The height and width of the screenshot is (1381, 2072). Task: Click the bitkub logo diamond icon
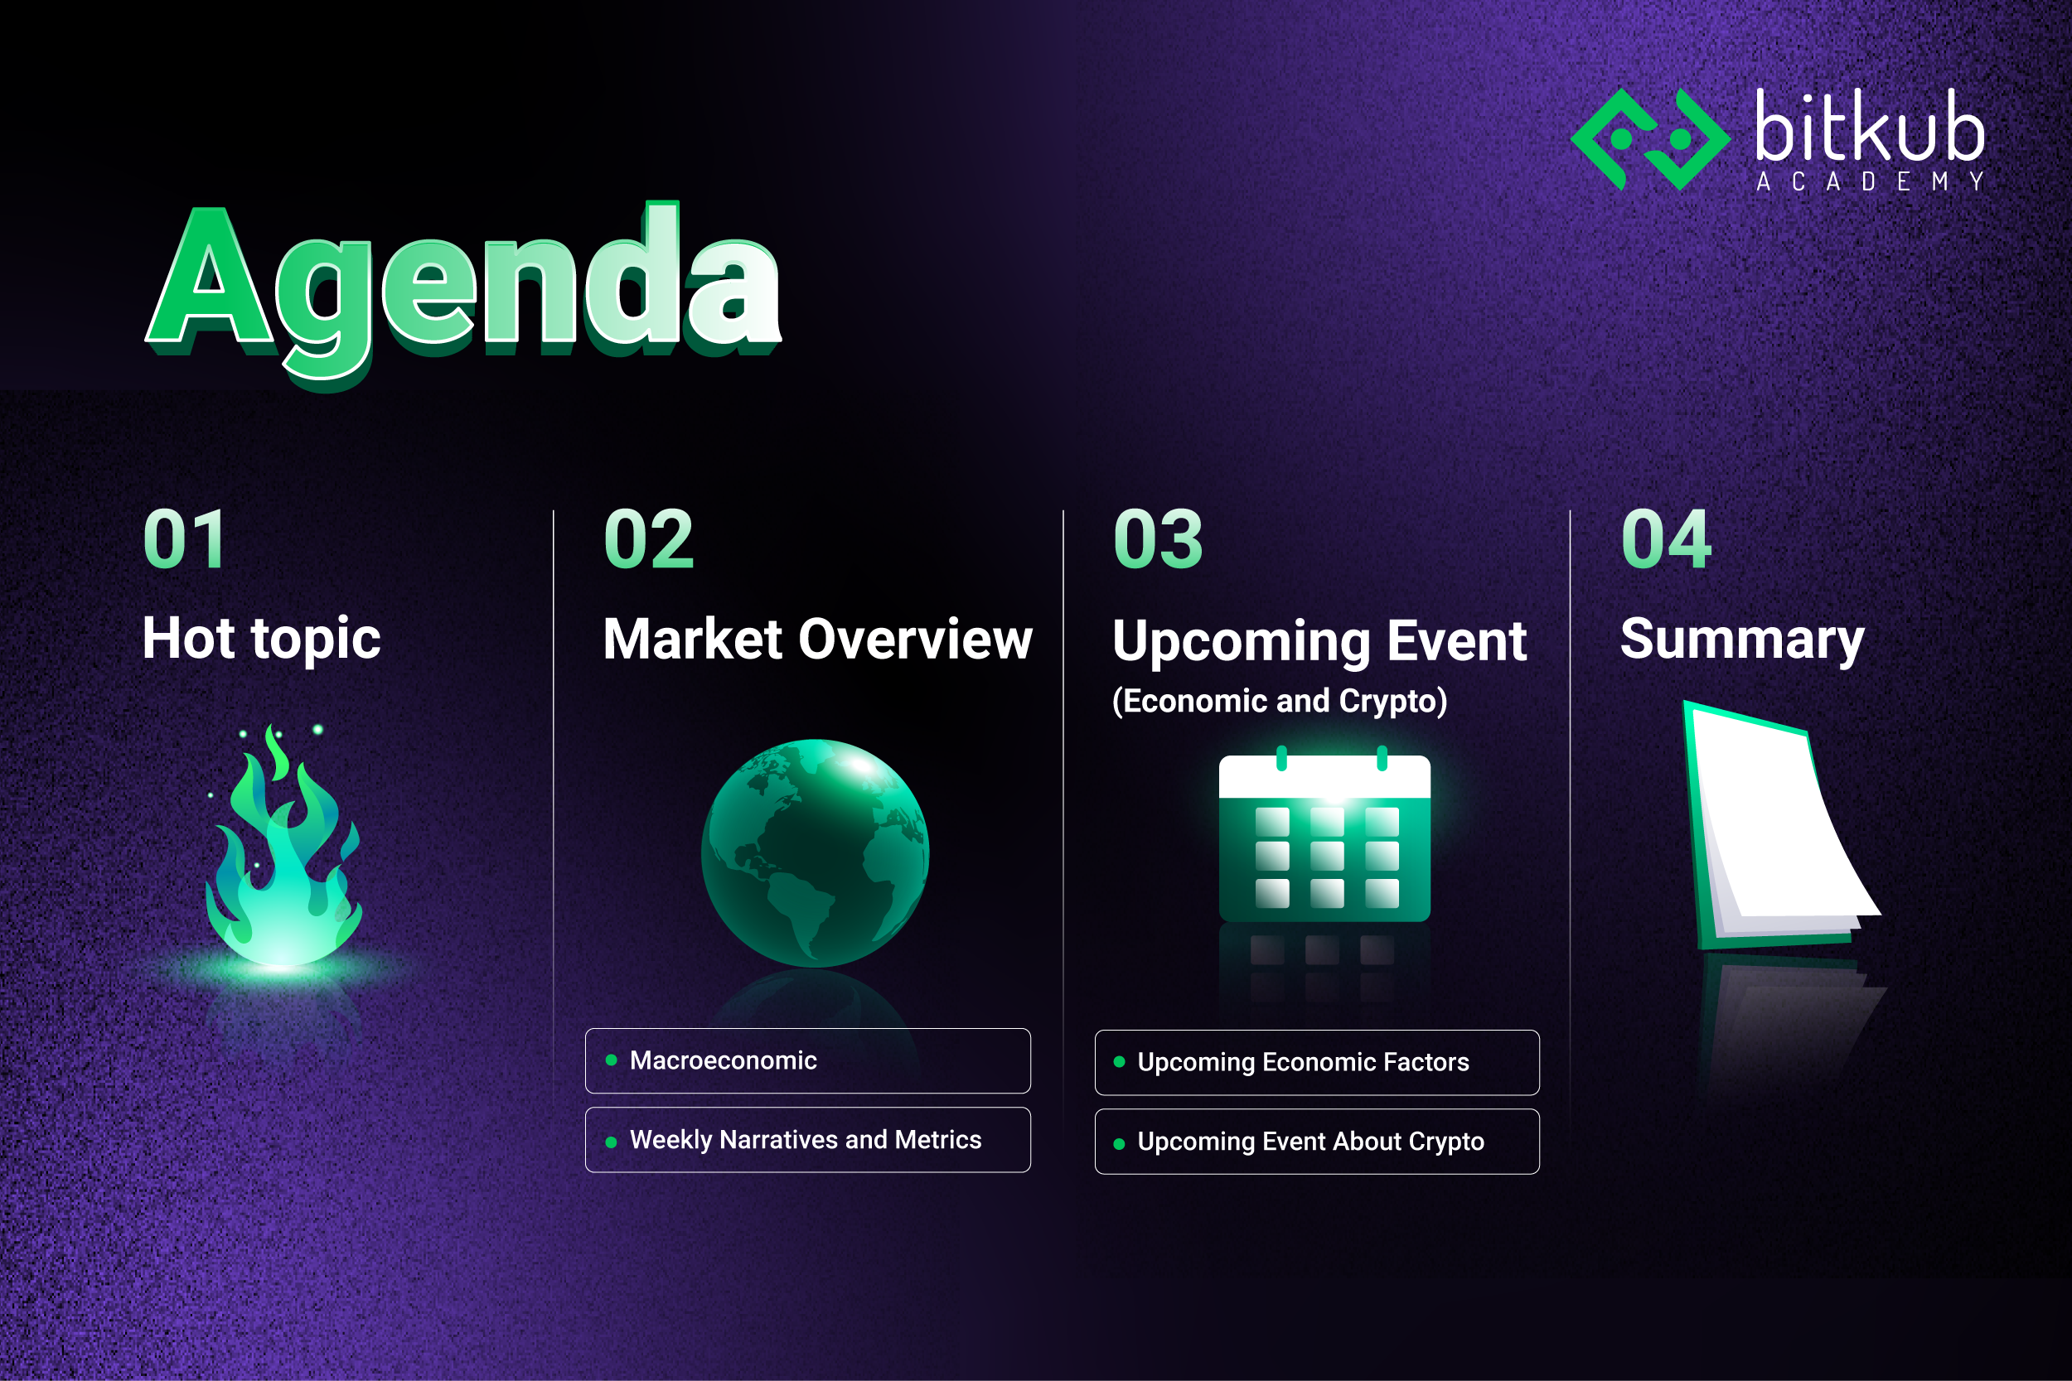pyautogui.click(x=1650, y=139)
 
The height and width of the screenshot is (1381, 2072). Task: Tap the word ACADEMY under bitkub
pyautogui.click(x=1870, y=182)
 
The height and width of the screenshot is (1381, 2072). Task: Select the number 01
pyautogui.click(x=184, y=539)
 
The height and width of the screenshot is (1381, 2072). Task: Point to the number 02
pyautogui.click(x=649, y=539)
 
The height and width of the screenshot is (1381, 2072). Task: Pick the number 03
pyautogui.click(x=1158, y=539)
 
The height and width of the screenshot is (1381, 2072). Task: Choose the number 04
pyautogui.click(x=1666, y=539)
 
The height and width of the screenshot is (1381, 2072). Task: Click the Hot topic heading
pyautogui.click(x=262, y=638)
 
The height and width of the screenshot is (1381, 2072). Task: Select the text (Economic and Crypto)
pyautogui.click(x=1279, y=701)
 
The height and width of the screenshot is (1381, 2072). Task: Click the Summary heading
pyautogui.click(x=1741, y=639)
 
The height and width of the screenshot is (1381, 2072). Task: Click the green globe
pyautogui.click(x=815, y=852)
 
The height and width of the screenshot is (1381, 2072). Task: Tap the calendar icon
pyautogui.click(x=1324, y=838)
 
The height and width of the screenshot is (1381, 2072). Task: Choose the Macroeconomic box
pyautogui.click(x=807, y=1060)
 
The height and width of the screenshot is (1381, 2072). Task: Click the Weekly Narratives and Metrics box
pyautogui.click(x=807, y=1140)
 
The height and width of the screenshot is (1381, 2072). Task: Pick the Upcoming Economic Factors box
pyautogui.click(x=1317, y=1062)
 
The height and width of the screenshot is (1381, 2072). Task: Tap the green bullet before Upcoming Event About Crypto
pyautogui.click(x=1119, y=1144)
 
